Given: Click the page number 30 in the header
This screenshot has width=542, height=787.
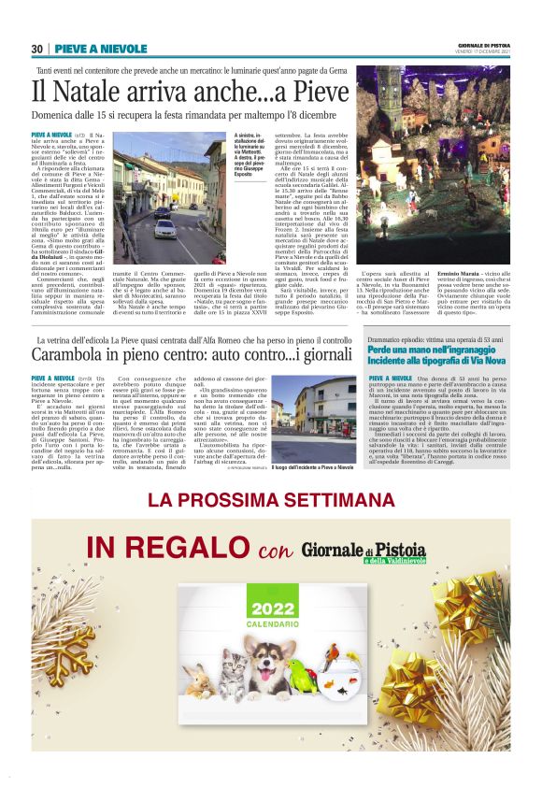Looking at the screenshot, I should pos(37,49).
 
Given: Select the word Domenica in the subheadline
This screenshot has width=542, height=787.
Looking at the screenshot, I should pos(56,116).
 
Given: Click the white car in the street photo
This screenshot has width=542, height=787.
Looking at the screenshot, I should pos(167,227).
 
